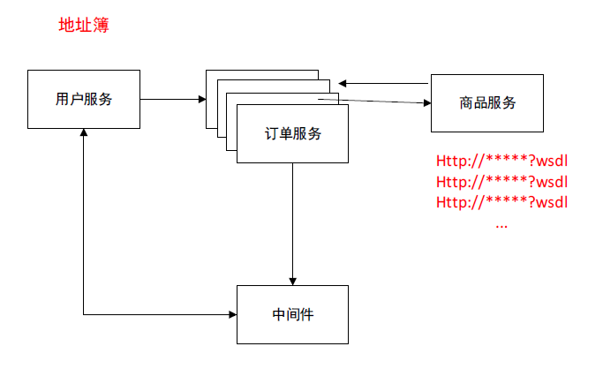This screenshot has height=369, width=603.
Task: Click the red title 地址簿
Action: (x=83, y=26)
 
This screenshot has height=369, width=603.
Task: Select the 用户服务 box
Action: (x=84, y=99)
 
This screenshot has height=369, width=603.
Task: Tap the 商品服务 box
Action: (x=487, y=102)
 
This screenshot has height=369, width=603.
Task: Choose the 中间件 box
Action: (x=292, y=314)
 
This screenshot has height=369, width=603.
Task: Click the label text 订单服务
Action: (x=292, y=134)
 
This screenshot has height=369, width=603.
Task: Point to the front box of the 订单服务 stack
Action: (x=292, y=146)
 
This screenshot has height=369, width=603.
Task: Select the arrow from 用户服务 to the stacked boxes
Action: (x=172, y=100)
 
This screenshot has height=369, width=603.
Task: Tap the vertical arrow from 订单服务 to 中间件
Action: (x=292, y=221)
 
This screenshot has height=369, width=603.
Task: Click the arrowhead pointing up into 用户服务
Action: (x=84, y=132)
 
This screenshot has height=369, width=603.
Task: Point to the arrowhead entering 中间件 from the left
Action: (x=231, y=314)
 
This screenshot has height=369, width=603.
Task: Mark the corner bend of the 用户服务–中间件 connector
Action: (x=84, y=314)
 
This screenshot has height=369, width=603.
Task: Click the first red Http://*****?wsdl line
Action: (x=501, y=162)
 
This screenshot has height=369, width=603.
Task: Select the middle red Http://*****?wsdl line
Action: (x=501, y=182)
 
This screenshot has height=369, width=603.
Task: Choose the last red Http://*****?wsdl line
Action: (x=501, y=201)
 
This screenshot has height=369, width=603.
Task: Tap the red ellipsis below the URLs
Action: (x=501, y=224)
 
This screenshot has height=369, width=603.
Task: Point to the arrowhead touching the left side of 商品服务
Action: (x=426, y=102)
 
